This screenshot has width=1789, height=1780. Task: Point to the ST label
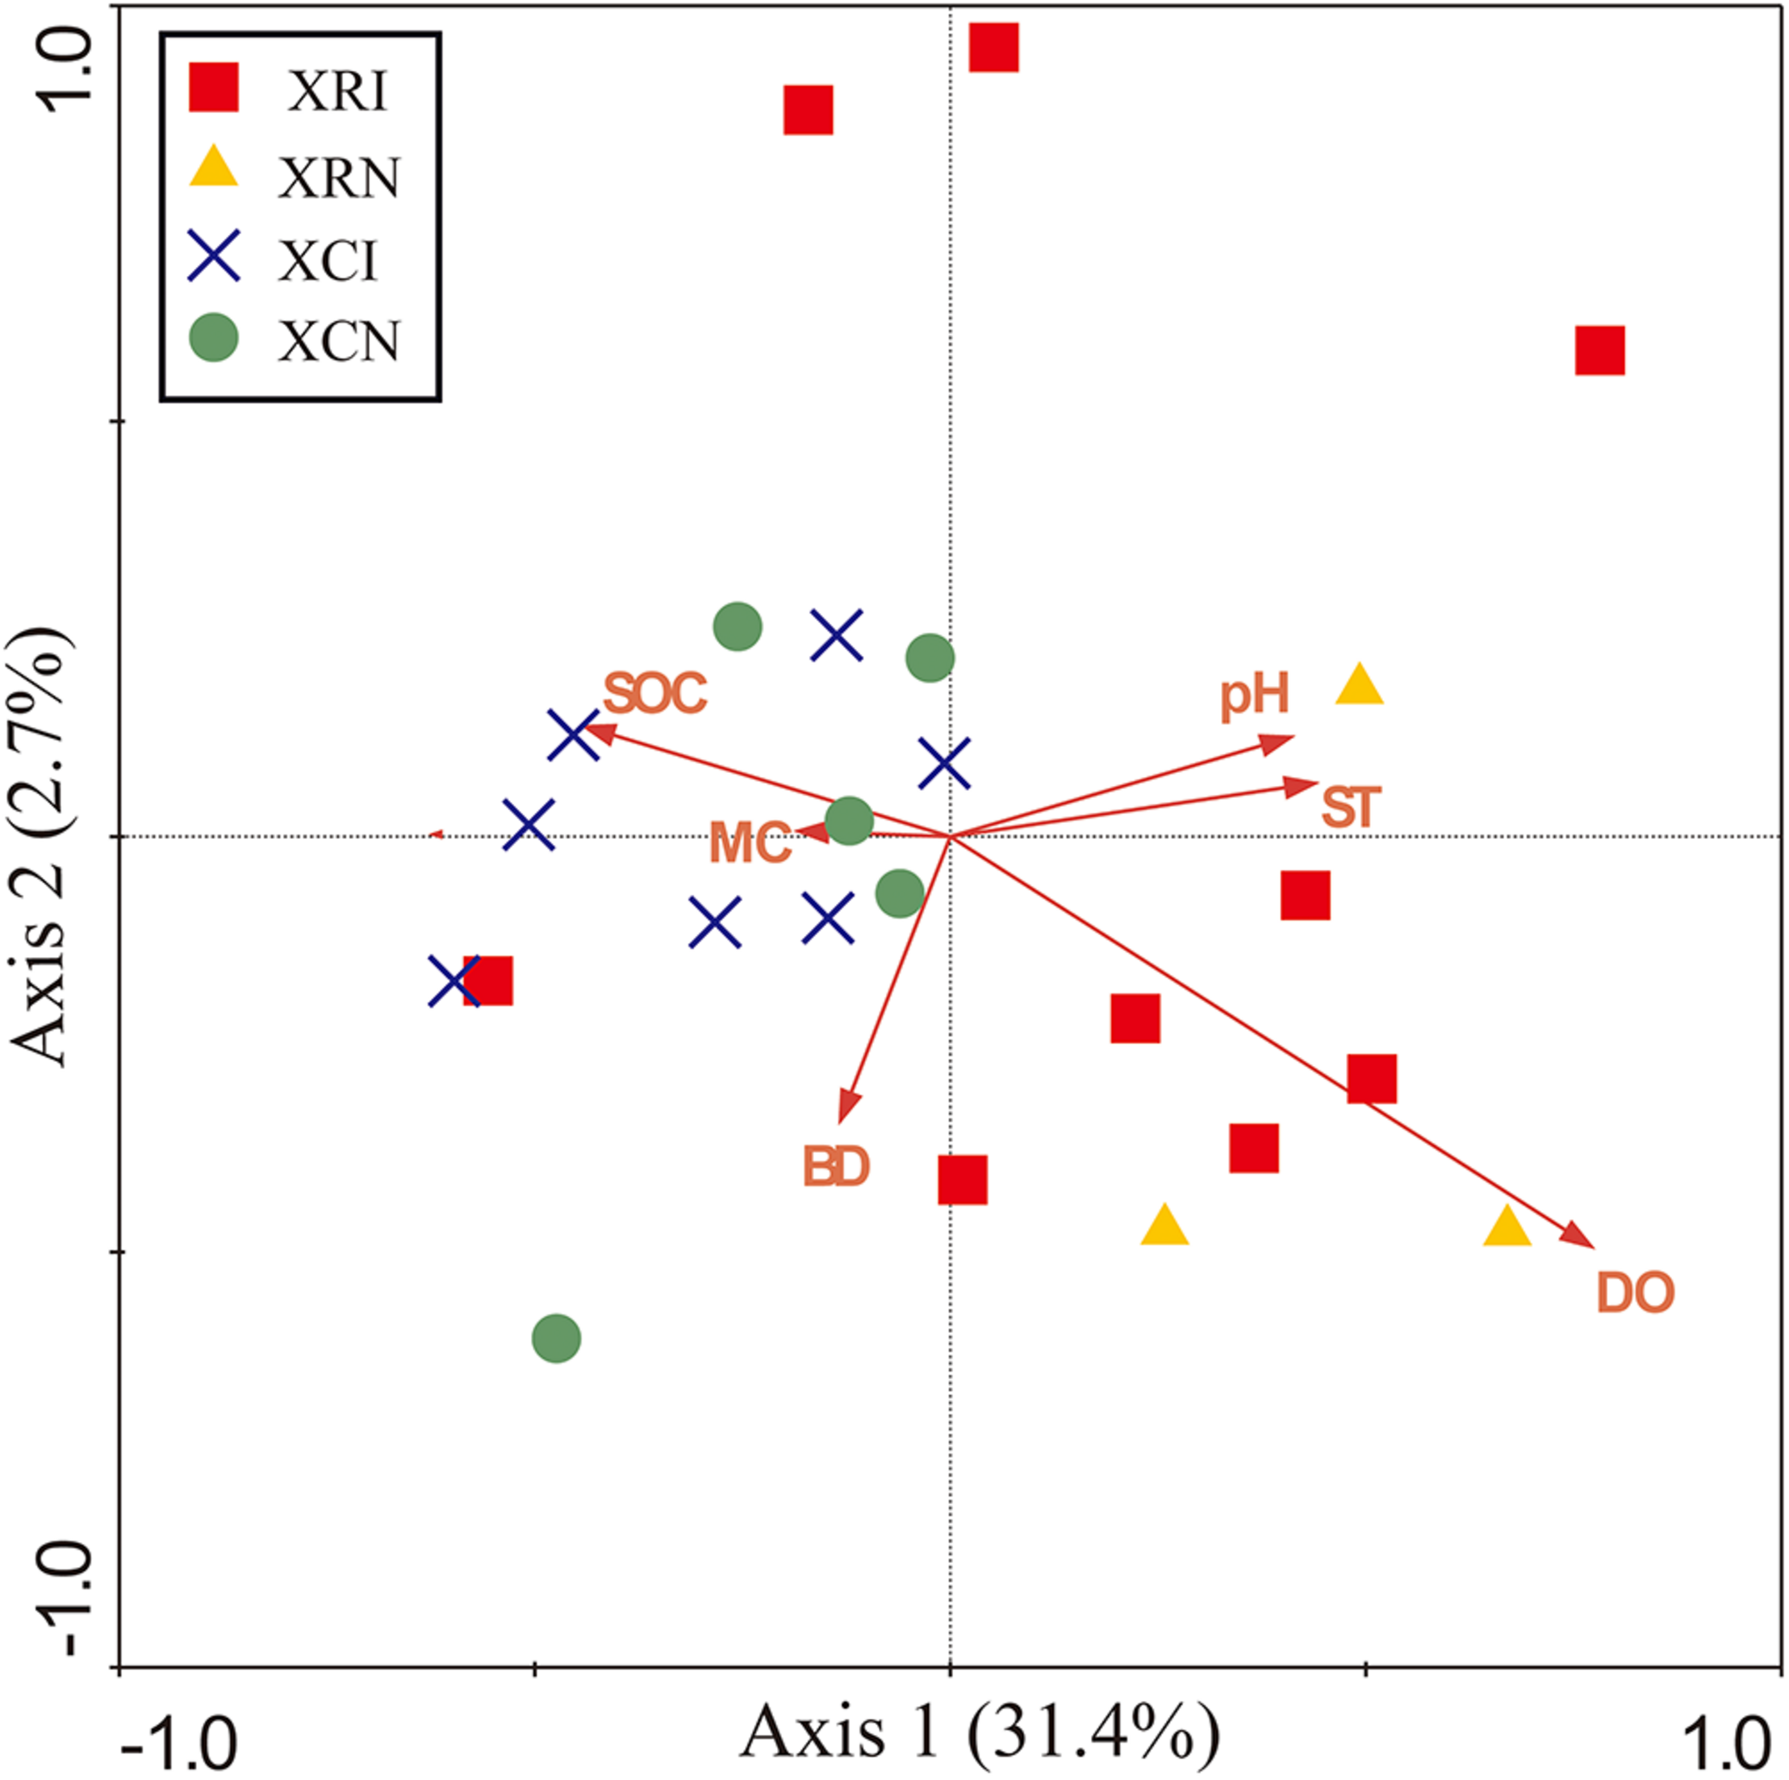tap(1351, 807)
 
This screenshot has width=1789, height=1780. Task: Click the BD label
tap(835, 1166)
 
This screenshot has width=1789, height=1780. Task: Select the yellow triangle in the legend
tap(214, 168)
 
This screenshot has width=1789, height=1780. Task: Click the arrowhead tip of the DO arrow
tap(1590, 1245)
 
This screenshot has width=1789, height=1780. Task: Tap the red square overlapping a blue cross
tap(488, 980)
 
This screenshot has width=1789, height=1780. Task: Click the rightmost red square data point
tap(1599, 350)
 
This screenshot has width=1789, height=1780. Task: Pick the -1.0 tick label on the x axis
tap(178, 1741)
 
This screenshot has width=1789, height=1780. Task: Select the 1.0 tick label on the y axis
tap(62, 69)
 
